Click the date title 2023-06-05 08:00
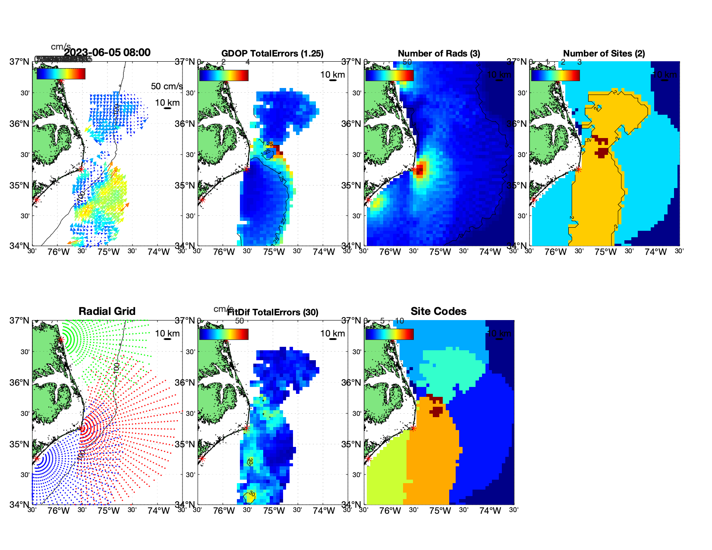point(107,53)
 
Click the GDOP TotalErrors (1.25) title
point(272,53)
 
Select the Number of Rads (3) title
point(439,53)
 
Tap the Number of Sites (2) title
point(604,53)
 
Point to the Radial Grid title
point(107,311)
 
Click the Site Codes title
point(438,311)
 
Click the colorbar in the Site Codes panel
point(389,334)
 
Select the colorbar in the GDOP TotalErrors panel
point(224,75)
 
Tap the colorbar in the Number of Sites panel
point(555,75)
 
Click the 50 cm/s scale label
point(167,86)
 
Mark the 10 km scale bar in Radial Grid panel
point(167,339)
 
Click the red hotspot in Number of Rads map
point(420,169)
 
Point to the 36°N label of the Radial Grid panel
point(20,383)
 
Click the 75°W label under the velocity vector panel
point(108,252)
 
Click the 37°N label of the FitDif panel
point(186,321)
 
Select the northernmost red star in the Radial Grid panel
point(61,340)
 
